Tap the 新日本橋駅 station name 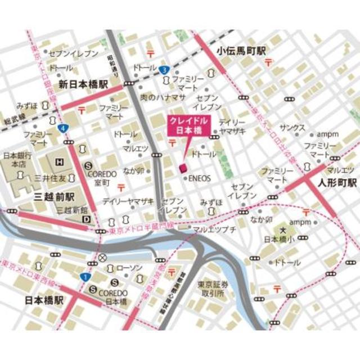coord(83,83)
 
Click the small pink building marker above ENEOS coord(182,168)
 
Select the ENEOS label coord(200,178)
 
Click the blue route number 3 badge coord(163,70)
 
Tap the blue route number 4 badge coord(66,129)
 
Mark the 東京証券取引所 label coord(213,289)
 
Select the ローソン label coord(132,268)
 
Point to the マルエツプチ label coord(214,229)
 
